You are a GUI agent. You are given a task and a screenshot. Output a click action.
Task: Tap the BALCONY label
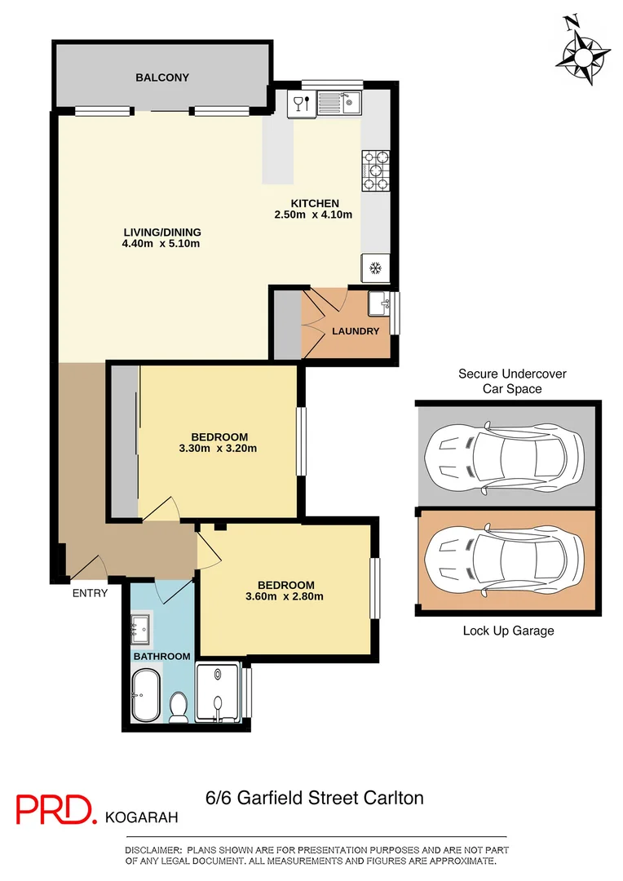[162, 77]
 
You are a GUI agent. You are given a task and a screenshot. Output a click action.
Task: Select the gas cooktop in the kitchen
[376, 170]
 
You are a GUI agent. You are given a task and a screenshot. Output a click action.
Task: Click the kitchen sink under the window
[339, 103]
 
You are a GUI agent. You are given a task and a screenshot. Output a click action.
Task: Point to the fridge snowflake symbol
[375, 268]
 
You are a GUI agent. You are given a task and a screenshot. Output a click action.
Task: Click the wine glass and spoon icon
[301, 103]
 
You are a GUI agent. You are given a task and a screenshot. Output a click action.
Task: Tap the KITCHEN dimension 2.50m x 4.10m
[314, 215]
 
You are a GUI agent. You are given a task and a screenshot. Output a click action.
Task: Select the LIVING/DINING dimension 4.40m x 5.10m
[161, 243]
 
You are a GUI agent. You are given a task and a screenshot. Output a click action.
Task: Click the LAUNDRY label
[356, 331]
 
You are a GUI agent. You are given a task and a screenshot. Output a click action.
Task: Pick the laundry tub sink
[379, 305]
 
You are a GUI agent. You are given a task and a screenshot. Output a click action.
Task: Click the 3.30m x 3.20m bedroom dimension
[219, 448]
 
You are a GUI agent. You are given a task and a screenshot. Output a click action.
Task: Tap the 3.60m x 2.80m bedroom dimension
[285, 596]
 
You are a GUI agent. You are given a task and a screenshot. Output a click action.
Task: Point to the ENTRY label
[90, 593]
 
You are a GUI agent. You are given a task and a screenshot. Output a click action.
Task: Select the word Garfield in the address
[270, 798]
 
